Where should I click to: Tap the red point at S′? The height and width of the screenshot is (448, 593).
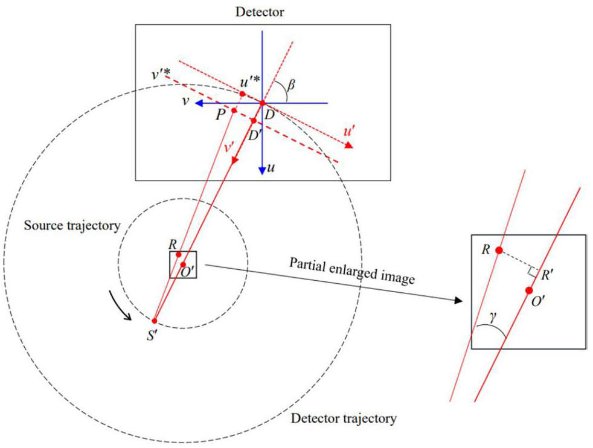(155, 321)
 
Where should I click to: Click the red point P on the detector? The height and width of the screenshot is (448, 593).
(234, 110)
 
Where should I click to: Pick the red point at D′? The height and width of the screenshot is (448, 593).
(254, 121)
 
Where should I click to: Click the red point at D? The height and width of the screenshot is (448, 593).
(262, 103)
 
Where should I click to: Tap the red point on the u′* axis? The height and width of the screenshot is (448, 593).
(242, 94)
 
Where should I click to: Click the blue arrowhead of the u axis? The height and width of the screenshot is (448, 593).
(262, 170)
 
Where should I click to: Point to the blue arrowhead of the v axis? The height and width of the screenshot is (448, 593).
(197, 103)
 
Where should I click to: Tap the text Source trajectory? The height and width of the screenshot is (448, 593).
(71, 226)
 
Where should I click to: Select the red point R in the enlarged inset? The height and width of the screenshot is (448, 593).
(499, 250)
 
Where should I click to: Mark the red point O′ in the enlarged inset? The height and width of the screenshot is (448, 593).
(530, 290)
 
